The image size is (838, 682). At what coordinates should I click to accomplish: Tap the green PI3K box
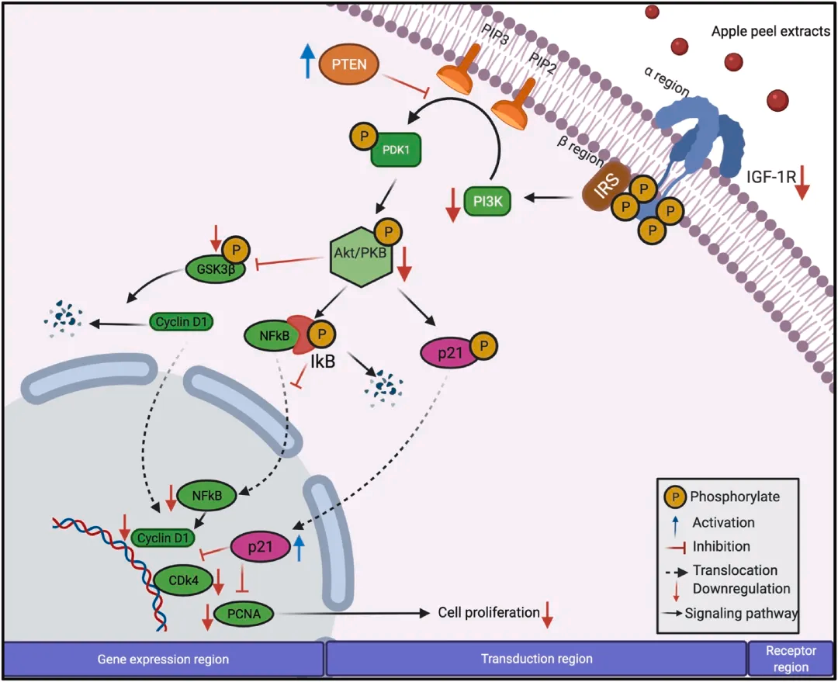tap(488, 199)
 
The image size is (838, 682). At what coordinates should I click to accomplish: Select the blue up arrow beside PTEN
tap(308, 61)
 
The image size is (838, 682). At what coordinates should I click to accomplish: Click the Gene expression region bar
tap(163, 659)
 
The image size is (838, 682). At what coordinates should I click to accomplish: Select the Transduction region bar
tap(535, 659)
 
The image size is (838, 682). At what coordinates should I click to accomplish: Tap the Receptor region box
tap(791, 659)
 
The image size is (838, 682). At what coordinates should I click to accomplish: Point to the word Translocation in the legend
tap(735, 570)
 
